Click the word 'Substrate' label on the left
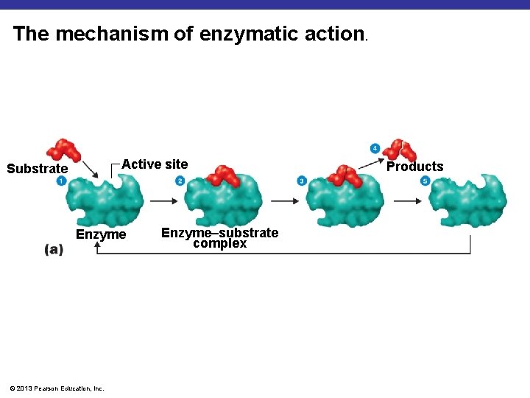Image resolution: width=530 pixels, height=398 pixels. click(x=37, y=169)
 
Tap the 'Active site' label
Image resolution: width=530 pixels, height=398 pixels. click(x=155, y=164)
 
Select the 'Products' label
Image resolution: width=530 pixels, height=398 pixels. click(x=415, y=167)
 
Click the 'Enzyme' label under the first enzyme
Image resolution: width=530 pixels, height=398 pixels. click(x=102, y=234)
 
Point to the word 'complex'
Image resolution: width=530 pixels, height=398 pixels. click(x=219, y=243)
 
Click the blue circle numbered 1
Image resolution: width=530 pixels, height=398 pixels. click(x=60, y=181)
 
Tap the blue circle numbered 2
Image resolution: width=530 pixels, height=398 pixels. click(x=180, y=181)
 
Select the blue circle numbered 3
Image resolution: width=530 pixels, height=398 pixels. click(x=302, y=181)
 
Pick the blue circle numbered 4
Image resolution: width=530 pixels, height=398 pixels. click(x=375, y=148)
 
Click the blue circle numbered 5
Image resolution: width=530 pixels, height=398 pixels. click(x=425, y=181)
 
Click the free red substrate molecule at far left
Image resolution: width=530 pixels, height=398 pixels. click(x=63, y=149)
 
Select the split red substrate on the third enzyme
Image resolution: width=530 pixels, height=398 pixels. click(x=344, y=175)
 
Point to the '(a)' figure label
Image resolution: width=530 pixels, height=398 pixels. click(x=54, y=250)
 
